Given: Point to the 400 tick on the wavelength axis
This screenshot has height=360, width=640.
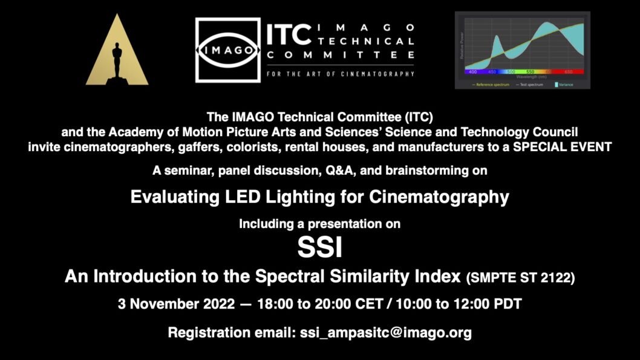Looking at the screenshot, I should pos(473,71).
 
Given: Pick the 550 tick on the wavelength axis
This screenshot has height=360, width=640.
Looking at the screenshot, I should pos(529,71).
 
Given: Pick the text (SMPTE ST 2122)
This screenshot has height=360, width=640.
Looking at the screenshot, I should pos(520,278).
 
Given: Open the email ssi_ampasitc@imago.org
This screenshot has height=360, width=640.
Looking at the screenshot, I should pos(386,332).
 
